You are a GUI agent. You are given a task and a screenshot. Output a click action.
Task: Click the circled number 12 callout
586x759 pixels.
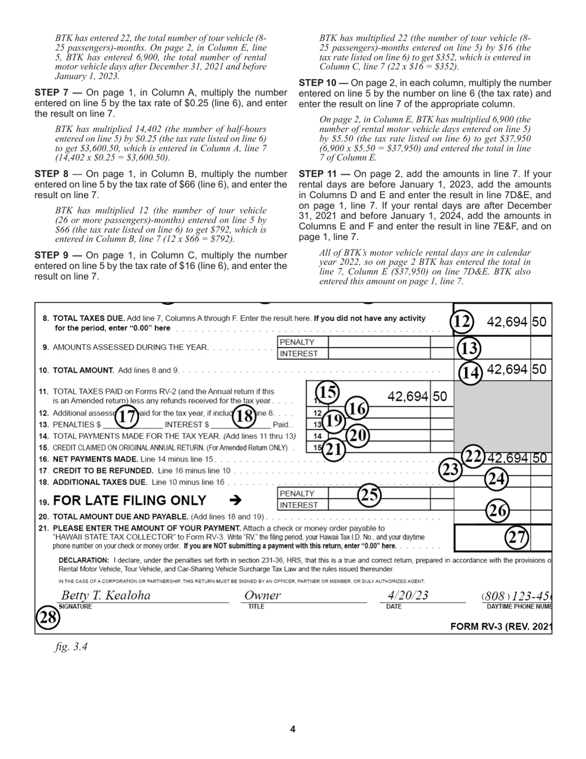[x=462, y=321]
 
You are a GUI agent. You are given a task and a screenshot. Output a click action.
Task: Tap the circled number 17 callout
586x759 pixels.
[x=126, y=417]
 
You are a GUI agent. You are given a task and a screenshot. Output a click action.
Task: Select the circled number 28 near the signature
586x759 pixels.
[x=47, y=617]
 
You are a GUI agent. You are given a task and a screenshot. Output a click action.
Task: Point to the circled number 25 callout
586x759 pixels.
[x=369, y=495]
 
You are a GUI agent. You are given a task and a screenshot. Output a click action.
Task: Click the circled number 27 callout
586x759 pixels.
[x=516, y=537]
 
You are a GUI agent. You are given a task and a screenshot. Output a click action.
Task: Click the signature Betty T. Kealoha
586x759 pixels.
[x=105, y=595]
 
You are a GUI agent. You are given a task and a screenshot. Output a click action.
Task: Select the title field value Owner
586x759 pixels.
[x=262, y=595]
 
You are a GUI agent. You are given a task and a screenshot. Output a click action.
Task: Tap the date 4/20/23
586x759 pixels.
[x=408, y=595]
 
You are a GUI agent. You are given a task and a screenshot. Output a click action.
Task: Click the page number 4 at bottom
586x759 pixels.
[x=293, y=729]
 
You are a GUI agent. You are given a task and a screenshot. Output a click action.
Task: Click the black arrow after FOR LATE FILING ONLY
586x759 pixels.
[x=235, y=500]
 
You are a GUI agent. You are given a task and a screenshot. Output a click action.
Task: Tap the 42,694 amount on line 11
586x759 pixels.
[x=408, y=396]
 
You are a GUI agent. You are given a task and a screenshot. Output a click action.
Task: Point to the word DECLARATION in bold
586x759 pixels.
[x=84, y=560]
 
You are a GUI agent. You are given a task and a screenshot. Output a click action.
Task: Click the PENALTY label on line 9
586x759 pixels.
[x=297, y=342]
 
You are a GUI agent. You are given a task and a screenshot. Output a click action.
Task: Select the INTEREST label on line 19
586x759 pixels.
[x=299, y=505]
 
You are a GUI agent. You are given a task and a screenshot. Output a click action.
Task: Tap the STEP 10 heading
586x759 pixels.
[x=325, y=83]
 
